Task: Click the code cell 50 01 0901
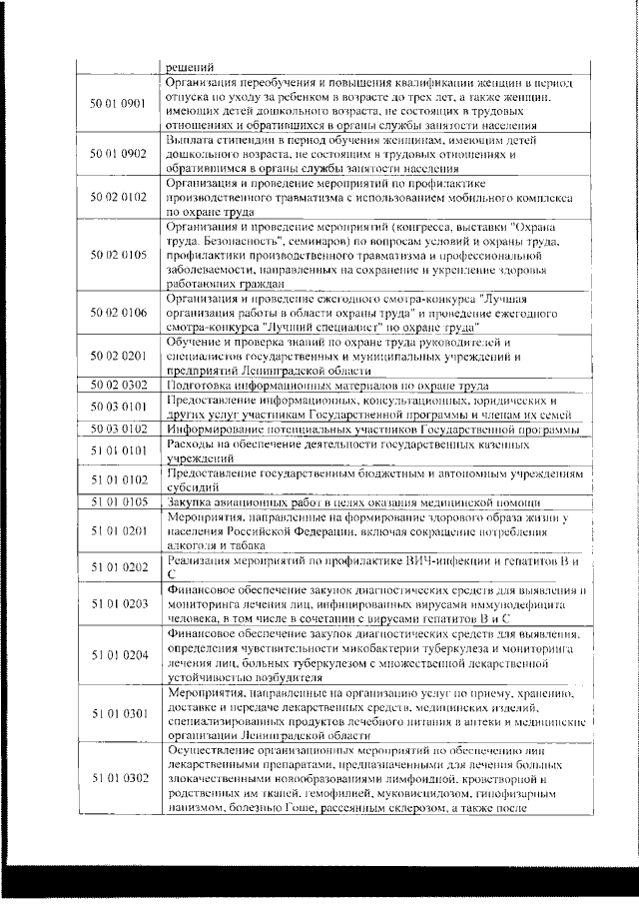pos(119,104)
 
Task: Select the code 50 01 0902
pos(119,155)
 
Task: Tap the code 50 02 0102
pos(119,199)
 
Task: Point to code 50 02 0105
pos(119,255)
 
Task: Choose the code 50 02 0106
pos(119,313)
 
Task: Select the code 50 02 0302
pos(119,385)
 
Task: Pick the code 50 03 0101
pos(119,407)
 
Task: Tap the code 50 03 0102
pos(119,429)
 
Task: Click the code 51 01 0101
pos(119,451)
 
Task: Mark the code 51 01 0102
pos(119,479)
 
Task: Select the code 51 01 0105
pos(119,501)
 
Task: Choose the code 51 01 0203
pos(119,604)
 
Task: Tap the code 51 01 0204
pos(119,654)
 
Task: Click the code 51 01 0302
pos(119,777)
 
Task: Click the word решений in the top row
pos(189,67)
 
